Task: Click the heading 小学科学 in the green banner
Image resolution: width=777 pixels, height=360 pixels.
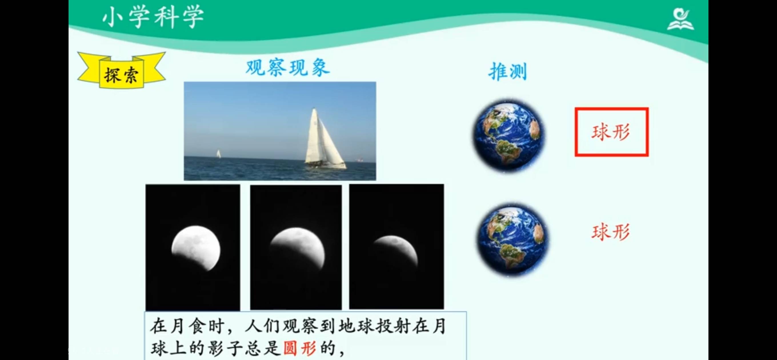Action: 153,17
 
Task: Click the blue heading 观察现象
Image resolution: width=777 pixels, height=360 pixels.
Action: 288,67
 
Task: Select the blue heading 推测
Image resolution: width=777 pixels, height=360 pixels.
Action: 508,71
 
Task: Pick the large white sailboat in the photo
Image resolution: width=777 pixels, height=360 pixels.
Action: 325,139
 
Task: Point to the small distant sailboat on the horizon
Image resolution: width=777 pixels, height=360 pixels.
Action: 218,154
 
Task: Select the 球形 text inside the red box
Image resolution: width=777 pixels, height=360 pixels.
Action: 611,132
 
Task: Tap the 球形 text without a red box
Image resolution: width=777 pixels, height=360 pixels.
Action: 611,232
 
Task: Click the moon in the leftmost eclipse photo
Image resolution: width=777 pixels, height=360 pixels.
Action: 196,248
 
